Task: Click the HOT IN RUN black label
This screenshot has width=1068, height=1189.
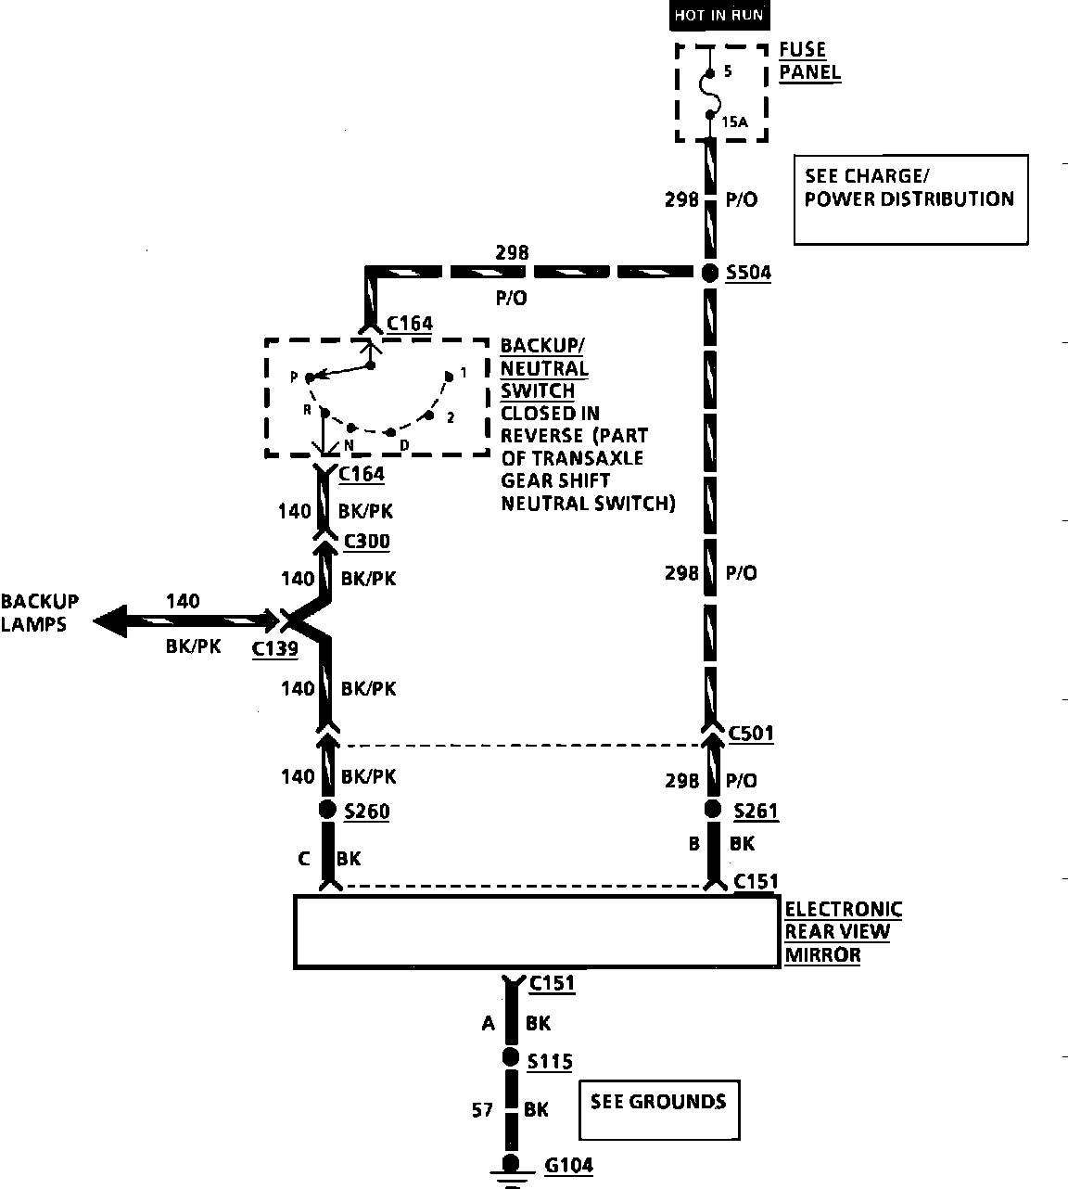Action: coord(719,15)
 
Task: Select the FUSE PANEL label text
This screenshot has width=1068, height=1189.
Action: coord(809,61)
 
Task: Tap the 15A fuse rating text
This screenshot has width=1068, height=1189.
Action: coord(734,122)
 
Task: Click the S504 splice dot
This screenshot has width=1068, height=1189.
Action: coord(710,273)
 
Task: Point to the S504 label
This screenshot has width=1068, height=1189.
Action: coord(748,273)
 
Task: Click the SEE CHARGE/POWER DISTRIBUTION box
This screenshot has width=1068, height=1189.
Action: coord(910,199)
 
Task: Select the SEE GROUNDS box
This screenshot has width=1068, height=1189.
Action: coord(659,1110)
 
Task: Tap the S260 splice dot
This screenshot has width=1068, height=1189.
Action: coord(327,810)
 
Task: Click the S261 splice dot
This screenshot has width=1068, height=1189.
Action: coord(712,809)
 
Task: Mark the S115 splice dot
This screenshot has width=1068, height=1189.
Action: coord(511,1057)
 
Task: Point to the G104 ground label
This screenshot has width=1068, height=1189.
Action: coord(568,1165)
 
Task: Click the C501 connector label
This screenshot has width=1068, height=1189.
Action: coord(751,733)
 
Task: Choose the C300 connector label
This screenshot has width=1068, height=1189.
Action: coord(367,541)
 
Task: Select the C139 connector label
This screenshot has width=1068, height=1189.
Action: coord(275,648)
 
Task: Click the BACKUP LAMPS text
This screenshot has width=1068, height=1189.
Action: coord(39,613)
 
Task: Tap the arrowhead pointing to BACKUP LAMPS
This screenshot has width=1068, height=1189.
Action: coord(110,620)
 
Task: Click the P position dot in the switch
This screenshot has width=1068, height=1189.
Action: coord(310,378)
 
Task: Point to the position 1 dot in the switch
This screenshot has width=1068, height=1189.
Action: coord(449,377)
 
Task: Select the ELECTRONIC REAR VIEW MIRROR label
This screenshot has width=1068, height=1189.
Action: coord(844,932)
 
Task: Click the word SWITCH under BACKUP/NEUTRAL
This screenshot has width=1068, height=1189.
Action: coord(538,390)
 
